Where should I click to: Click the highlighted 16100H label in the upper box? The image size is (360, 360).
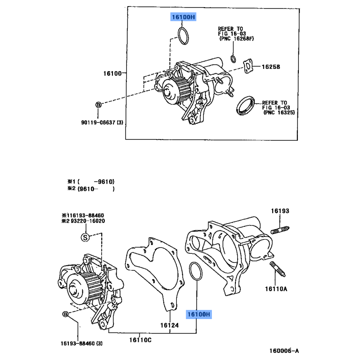[x=183, y=17]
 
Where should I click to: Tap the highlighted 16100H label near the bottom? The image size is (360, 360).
[x=199, y=314]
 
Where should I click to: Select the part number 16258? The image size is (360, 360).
[x=271, y=67]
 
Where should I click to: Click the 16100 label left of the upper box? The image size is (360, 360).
[x=112, y=73]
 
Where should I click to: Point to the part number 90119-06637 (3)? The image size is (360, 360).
[x=102, y=122]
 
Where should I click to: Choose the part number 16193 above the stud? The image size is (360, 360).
[x=280, y=211]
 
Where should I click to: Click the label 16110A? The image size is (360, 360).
[x=276, y=289]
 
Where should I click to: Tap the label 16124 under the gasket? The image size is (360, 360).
[x=170, y=325]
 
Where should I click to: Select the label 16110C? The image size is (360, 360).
[x=140, y=340]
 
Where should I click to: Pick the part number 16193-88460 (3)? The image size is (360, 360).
[x=81, y=343]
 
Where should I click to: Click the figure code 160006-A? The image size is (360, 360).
[x=284, y=351]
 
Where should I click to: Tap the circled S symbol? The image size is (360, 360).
[x=85, y=237]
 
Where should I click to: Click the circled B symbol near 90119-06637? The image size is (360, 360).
[x=98, y=105]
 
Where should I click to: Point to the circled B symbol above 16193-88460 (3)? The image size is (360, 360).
[x=65, y=314]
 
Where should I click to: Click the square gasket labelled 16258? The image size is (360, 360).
[x=248, y=66]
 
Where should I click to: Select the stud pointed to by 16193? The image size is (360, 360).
[x=280, y=230]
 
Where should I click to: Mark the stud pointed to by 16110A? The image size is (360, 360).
[x=278, y=269]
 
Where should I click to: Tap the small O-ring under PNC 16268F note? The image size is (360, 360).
[x=233, y=59]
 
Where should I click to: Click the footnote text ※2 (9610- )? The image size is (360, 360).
[x=91, y=189]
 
